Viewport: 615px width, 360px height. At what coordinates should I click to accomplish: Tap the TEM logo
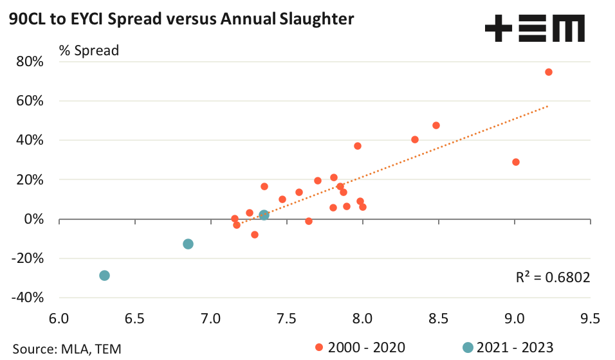[x=535, y=30]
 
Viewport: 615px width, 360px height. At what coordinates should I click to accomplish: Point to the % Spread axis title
[x=89, y=50]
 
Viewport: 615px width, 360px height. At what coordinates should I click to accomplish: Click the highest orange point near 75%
[x=549, y=72]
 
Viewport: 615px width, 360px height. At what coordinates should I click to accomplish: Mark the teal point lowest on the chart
[x=105, y=275]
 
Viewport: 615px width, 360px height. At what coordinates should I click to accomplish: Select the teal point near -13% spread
[x=188, y=244]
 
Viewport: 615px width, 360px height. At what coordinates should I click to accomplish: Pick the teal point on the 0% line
[x=264, y=215]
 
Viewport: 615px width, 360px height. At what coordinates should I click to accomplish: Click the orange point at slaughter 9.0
[x=515, y=162]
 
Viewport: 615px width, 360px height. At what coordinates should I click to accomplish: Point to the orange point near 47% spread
[x=436, y=125]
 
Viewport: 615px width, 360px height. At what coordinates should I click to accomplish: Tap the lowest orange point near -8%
[x=255, y=235]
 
